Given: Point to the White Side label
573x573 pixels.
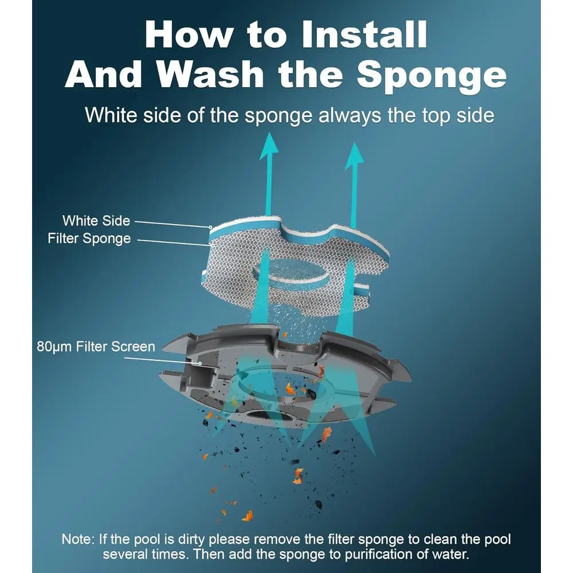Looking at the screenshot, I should coord(96,221).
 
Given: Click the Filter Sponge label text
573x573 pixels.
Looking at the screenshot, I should coord(89,238).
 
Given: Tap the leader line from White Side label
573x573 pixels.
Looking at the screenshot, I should coord(172,223).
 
